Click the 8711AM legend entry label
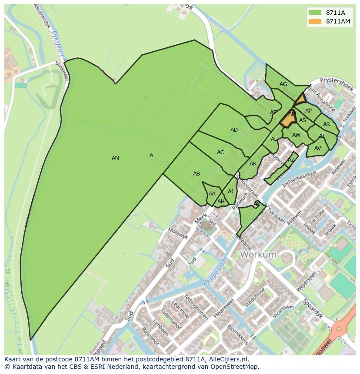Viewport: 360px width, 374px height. click(x=338, y=21)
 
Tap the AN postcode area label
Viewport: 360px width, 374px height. click(x=115, y=158)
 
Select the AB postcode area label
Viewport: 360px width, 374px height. click(x=197, y=174)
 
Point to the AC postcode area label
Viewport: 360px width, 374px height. click(x=220, y=152)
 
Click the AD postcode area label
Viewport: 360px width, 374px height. click(x=234, y=130)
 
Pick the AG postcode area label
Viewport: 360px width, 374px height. click(x=283, y=84)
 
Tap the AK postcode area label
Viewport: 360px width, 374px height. click(x=253, y=164)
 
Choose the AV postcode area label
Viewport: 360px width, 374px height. click(x=317, y=148)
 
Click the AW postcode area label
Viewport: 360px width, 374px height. click(x=296, y=135)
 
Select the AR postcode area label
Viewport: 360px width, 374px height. click(x=327, y=124)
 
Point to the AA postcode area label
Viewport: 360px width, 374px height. click(x=212, y=194)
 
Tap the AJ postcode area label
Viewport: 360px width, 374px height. click(x=230, y=192)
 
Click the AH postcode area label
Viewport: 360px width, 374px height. click(x=221, y=202)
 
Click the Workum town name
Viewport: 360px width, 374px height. click(x=258, y=255)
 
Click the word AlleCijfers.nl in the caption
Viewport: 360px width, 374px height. click(x=228, y=359)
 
